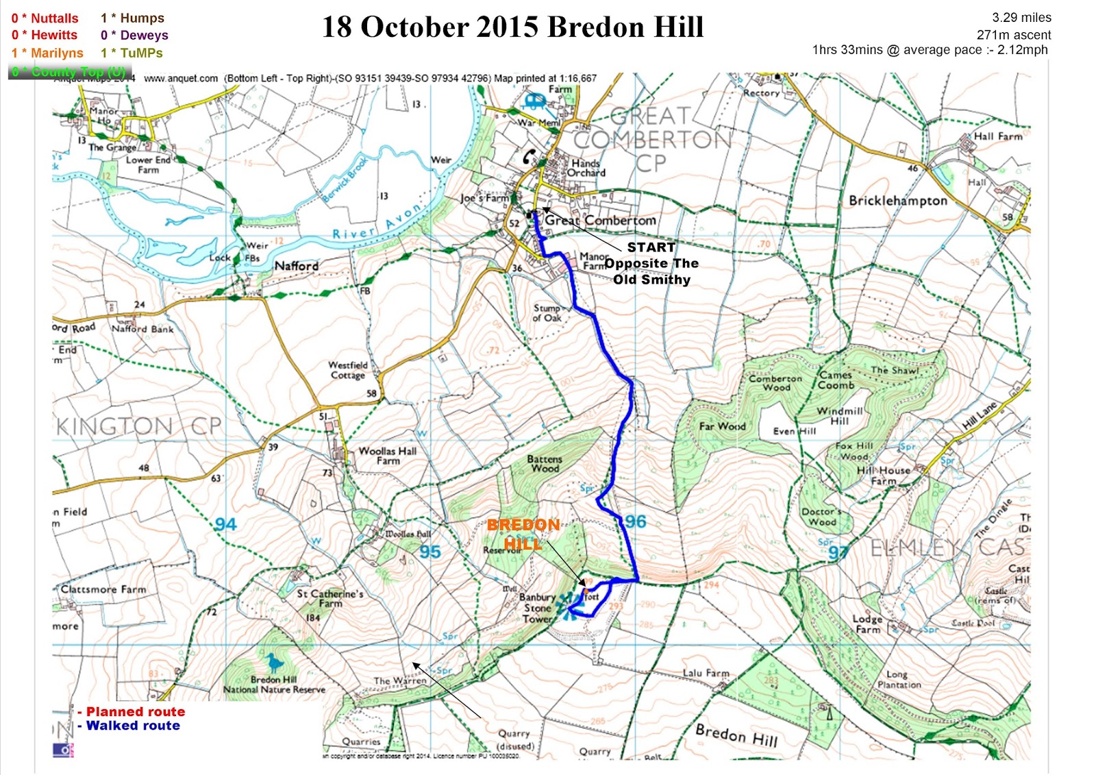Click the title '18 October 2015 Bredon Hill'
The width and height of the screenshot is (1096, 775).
512,27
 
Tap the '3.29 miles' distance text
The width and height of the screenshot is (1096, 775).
1021,18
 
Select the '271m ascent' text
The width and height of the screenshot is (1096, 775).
1013,34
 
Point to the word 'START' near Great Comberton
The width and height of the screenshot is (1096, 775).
651,247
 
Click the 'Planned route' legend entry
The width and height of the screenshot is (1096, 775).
135,711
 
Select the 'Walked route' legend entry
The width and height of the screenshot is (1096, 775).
133,726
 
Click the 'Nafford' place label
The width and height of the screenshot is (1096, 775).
296,266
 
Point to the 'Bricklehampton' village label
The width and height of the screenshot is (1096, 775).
897,201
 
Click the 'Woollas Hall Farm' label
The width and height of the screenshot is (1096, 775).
387,456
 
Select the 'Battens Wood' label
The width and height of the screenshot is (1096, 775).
544,464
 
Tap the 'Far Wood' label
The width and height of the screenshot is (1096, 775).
721,426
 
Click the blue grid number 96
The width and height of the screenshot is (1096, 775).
634,521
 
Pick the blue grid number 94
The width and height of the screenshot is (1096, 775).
225,525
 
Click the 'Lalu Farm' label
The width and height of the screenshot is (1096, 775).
706,673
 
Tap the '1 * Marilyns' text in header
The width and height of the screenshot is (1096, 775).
47,53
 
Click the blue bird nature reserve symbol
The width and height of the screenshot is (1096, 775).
274,663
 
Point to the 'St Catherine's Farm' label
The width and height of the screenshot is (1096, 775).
329,598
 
